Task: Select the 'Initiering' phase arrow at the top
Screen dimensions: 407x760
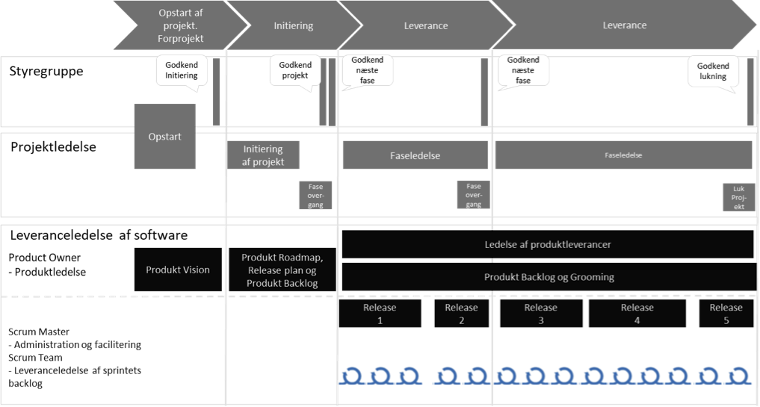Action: point(292,25)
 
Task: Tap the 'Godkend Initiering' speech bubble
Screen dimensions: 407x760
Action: point(181,72)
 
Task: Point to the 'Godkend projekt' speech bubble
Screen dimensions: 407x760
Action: point(295,72)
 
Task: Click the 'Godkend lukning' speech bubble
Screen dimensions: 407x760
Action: point(713,72)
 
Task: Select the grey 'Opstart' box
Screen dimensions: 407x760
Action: point(164,137)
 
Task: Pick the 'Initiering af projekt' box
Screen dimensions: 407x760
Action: point(263,155)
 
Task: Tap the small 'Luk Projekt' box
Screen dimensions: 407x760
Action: point(738,197)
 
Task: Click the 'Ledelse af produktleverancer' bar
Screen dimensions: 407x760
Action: point(547,244)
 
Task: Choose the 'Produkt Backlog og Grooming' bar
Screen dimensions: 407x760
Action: point(549,277)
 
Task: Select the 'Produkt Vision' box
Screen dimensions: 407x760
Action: point(178,270)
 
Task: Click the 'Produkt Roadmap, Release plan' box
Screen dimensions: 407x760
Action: point(282,270)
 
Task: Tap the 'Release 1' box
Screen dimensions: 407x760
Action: point(380,314)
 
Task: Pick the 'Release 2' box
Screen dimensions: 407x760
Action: point(461,314)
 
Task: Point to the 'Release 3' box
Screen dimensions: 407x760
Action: point(540,314)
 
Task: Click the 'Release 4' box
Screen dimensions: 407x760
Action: point(637,314)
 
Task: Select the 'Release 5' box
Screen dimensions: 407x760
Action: point(726,314)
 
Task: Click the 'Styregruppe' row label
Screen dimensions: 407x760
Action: point(46,72)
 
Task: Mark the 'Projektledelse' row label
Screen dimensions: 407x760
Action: point(54,148)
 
